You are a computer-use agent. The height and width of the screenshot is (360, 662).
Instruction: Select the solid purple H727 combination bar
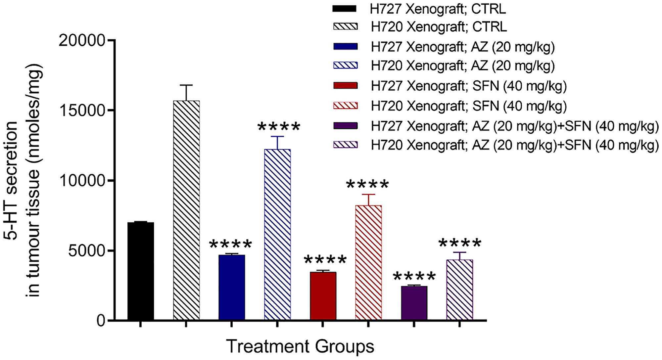(x=414, y=303)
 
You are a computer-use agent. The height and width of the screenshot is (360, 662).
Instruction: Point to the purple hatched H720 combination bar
(x=459, y=290)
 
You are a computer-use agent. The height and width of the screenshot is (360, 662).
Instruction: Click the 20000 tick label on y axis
(x=82, y=40)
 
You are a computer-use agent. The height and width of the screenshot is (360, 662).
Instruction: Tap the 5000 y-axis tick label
(x=87, y=251)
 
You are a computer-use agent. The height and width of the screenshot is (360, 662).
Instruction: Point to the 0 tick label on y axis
(x=101, y=321)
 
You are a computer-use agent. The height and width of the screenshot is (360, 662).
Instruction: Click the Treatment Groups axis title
(x=300, y=346)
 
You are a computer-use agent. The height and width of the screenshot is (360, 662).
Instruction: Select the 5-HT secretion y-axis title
(x=23, y=180)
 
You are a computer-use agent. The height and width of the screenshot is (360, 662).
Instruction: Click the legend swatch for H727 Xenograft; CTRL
(x=345, y=9)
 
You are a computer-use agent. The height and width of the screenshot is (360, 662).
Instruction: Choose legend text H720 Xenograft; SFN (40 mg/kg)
(x=468, y=106)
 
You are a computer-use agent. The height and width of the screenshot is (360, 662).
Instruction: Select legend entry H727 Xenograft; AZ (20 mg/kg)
(x=462, y=47)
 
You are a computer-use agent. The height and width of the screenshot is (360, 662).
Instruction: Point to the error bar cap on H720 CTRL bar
(x=186, y=85)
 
